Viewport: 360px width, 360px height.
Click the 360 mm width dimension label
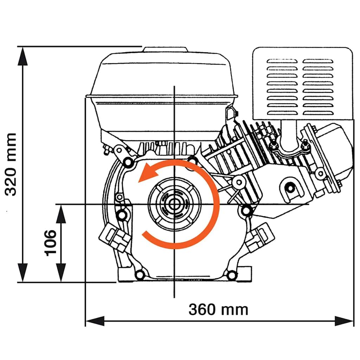[x=218, y=309]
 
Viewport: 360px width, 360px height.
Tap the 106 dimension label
[x=51, y=243]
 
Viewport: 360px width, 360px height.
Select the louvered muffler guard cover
[x=302, y=84]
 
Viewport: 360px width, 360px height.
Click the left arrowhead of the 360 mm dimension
[x=95, y=321]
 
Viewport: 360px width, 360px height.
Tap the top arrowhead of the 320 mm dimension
[x=23, y=56]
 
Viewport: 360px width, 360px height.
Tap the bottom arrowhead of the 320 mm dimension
[x=23, y=272]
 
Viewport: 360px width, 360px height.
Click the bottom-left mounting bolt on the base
[x=140, y=275]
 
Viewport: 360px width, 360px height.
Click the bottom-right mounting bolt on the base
[x=231, y=275]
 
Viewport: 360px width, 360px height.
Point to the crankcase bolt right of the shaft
[x=246, y=210]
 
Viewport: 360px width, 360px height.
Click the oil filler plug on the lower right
[x=259, y=237]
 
